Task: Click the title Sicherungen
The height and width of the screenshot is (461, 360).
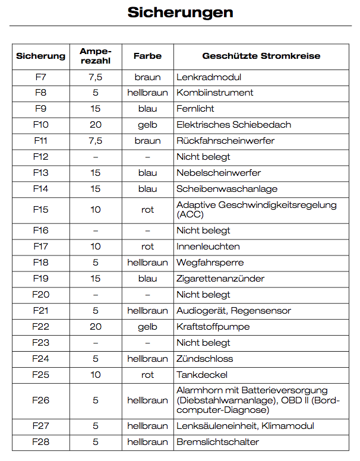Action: coord(180,13)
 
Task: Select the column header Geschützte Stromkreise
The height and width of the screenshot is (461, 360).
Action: coord(261,56)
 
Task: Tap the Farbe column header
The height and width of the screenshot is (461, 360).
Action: coord(147,56)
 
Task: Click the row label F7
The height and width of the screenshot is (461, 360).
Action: coord(41,77)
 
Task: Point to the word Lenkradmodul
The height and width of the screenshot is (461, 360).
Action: coord(209,77)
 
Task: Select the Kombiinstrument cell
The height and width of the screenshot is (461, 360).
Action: coord(214,93)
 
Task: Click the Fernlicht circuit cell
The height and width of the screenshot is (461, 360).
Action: coord(195,109)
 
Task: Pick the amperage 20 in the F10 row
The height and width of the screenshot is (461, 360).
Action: coord(96,125)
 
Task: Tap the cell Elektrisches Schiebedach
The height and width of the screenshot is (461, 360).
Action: coord(233,125)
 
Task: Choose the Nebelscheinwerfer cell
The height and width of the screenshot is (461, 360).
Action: coord(219,173)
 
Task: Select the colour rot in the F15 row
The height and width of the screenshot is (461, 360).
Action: coord(147,210)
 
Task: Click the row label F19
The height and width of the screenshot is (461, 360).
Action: coord(41,279)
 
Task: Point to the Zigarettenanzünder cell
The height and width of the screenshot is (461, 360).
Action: coord(220,279)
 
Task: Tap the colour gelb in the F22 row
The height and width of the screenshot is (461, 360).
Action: coord(147,327)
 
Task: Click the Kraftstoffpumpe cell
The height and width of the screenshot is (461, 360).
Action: coord(213,327)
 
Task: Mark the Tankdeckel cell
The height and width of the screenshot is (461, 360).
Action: coord(202,375)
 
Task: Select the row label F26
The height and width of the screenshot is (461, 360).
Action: coord(41,400)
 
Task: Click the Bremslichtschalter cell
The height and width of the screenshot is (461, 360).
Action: coord(217,442)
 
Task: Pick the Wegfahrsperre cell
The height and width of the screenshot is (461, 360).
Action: coord(210,263)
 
